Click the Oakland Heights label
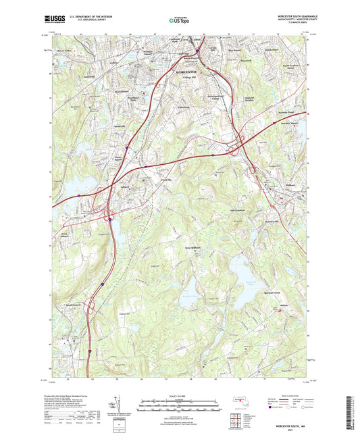click(253, 103)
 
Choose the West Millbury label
click(195, 249)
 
